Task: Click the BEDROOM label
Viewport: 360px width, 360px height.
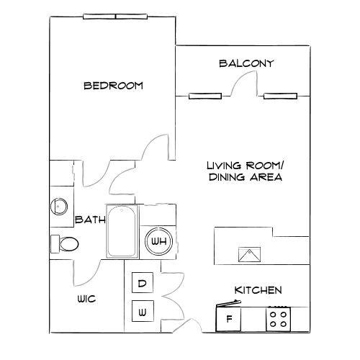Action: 113,86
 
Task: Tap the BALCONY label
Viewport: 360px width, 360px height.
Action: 246,63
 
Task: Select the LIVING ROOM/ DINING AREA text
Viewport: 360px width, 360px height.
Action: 244,171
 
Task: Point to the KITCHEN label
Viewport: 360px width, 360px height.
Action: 258,290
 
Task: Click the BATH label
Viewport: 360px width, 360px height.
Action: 89,219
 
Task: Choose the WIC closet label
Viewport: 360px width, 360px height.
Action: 86,298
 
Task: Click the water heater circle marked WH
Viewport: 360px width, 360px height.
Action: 158,242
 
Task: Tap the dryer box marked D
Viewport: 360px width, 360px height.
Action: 143,284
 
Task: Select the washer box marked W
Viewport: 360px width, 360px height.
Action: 143,312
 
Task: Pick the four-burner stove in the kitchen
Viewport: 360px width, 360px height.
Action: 279,318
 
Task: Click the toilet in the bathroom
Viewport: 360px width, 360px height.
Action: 65,244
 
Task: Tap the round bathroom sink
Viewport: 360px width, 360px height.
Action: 59,207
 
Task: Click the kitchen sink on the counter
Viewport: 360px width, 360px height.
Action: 249,254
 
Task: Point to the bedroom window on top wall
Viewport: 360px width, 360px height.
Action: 114,17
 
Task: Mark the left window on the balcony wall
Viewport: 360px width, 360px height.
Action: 204,95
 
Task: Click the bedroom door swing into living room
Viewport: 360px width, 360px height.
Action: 156,148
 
